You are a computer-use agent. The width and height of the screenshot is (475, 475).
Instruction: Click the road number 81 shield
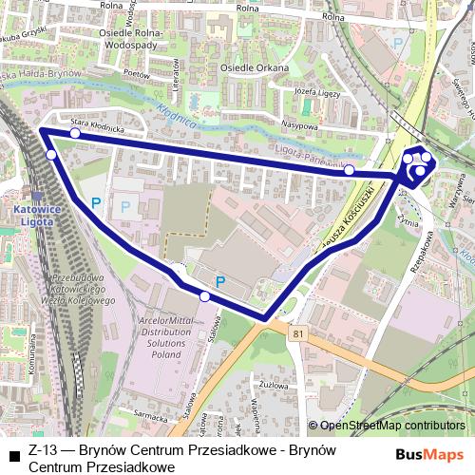click(x=300, y=333)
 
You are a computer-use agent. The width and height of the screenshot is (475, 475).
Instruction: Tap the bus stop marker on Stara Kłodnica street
click(x=75, y=134)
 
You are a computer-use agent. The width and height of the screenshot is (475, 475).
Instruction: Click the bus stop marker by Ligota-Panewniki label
click(x=350, y=169)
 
